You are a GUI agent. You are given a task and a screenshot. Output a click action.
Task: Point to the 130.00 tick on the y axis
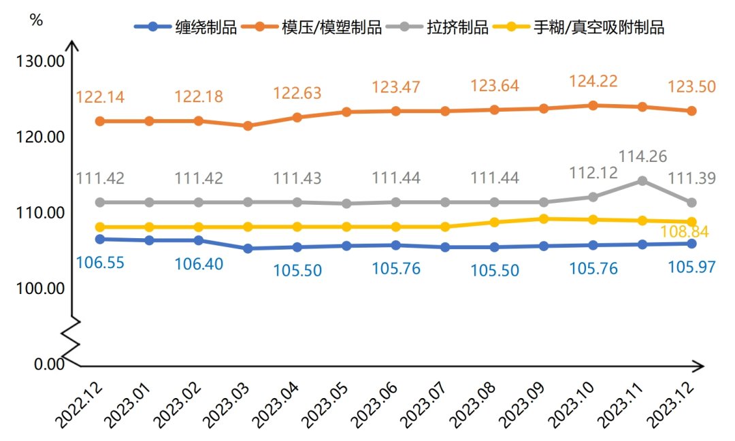[40, 61]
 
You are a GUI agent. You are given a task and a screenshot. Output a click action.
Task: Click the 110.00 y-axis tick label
[40, 213]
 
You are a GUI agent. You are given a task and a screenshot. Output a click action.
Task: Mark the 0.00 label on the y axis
[49, 365]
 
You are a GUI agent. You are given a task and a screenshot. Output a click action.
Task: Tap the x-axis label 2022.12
[80, 403]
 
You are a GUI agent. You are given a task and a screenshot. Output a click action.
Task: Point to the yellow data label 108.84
[685, 232]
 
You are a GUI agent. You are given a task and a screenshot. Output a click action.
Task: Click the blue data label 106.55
[100, 262]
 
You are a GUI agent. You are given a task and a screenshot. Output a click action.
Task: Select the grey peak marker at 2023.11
[641, 180]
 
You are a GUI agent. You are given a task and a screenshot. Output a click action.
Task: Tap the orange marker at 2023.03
[248, 126]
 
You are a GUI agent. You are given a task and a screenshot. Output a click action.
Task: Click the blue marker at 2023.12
[691, 244]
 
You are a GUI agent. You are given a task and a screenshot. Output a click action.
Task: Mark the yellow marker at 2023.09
[543, 218]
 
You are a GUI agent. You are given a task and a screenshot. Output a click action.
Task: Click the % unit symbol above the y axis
[36, 20]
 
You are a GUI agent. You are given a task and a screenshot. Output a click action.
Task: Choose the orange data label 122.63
[297, 93]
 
